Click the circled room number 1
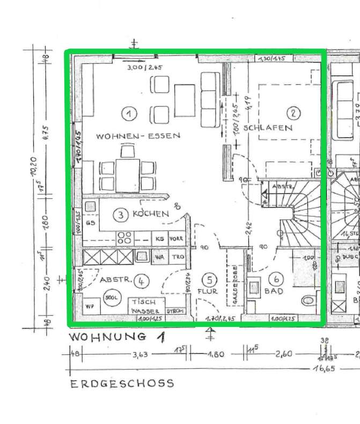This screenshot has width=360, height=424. (129, 113)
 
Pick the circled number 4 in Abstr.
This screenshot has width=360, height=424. (142, 280)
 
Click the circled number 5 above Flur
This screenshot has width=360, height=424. (210, 280)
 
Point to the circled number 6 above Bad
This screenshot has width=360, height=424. (276, 279)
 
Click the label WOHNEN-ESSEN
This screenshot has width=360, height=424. (138, 136)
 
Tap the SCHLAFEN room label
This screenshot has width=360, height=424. (268, 128)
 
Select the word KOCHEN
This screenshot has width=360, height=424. (151, 214)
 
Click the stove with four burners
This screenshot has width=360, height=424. (126, 237)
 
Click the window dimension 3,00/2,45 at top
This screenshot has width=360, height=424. (144, 68)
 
